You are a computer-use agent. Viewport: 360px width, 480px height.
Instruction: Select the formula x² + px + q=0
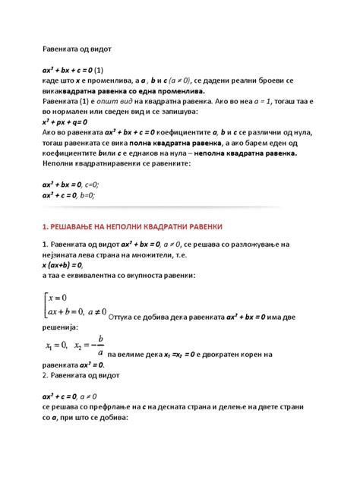[65, 121]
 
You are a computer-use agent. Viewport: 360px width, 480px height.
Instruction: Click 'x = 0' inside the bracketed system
[64, 297]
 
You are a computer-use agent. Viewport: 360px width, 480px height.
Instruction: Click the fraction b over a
[101, 345]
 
